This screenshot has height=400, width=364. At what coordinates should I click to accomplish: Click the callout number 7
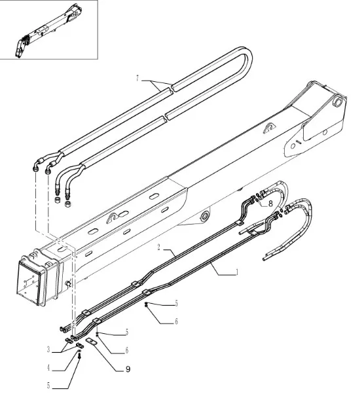[137, 79]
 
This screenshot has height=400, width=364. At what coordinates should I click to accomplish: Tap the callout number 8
[270, 204]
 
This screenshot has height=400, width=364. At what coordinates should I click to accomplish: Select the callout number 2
[158, 247]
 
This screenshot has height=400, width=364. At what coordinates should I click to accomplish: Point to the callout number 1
[237, 272]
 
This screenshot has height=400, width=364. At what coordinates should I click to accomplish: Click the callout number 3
[48, 349]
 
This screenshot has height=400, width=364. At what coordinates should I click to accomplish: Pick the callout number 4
[48, 368]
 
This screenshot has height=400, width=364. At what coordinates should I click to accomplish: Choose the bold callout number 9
[128, 369]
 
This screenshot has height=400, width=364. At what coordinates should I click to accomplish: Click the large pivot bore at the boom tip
[338, 101]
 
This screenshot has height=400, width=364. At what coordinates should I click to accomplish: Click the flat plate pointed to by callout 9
[92, 341]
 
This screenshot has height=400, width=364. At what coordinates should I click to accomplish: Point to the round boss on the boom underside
[204, 216]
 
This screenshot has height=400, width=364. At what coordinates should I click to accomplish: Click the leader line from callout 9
[107, 356]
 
